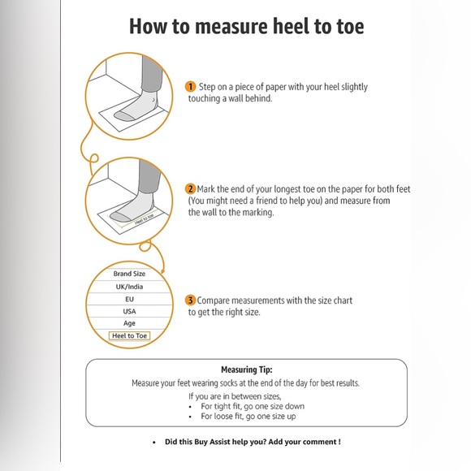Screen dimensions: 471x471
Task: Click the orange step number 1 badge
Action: click(190, 87)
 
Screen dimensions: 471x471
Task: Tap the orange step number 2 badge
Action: click(190, 189)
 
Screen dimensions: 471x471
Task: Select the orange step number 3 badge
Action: click(190, 300)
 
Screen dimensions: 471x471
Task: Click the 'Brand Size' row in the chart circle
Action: click(129, 274)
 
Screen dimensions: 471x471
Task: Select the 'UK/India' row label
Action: click(129, 287)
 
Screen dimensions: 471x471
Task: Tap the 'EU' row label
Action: click(129, 299)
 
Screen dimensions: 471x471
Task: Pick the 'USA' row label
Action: click(129, 311)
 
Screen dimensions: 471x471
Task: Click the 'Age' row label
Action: click(129, 323)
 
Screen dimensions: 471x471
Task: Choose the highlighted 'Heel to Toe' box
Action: click(129, 336)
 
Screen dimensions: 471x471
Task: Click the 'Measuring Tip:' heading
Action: click(247, 369)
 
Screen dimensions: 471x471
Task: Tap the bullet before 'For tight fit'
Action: click(190, 407)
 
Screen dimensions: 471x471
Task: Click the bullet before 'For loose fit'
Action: click(190, 417)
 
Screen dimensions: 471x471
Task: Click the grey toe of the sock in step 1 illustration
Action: click(123, 116)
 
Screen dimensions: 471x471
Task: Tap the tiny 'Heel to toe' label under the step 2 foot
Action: click(145, 219)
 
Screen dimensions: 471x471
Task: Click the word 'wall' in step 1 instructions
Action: click(235, 98)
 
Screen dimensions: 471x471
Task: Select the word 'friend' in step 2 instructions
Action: click(266, 201)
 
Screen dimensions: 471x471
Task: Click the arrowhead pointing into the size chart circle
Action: click(162, 271)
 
